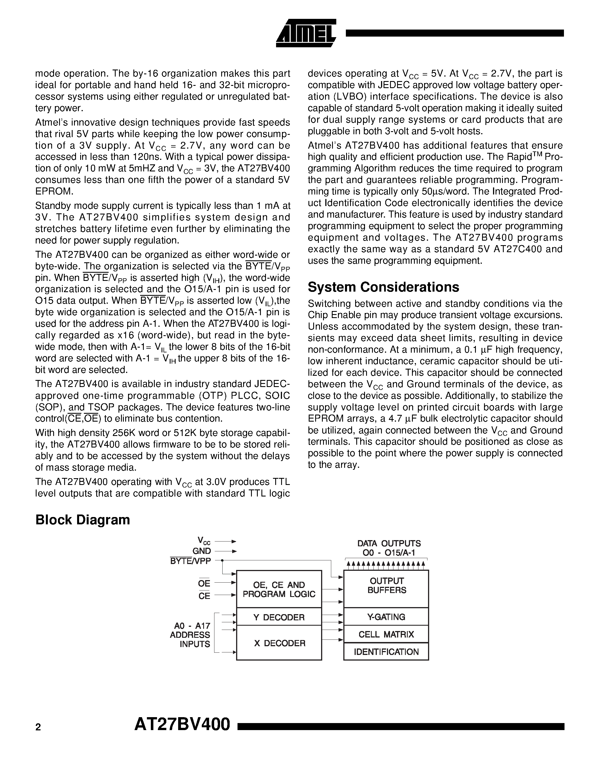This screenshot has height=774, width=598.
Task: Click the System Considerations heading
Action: click(383, 287)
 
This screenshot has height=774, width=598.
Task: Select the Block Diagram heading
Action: click(82, 520)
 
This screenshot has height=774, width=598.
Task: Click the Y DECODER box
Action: click(279, 617)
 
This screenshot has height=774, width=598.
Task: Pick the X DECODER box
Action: click(279, 643)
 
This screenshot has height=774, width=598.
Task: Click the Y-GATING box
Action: click(386, 617)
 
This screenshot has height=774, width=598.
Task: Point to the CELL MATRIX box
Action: click(386, 634)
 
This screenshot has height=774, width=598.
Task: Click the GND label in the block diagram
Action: click(201, 551)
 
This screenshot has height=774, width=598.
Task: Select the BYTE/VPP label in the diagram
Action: click(190, 561)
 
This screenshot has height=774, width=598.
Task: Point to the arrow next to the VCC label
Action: click(226, 542)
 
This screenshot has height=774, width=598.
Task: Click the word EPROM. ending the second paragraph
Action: click(55, 192)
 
